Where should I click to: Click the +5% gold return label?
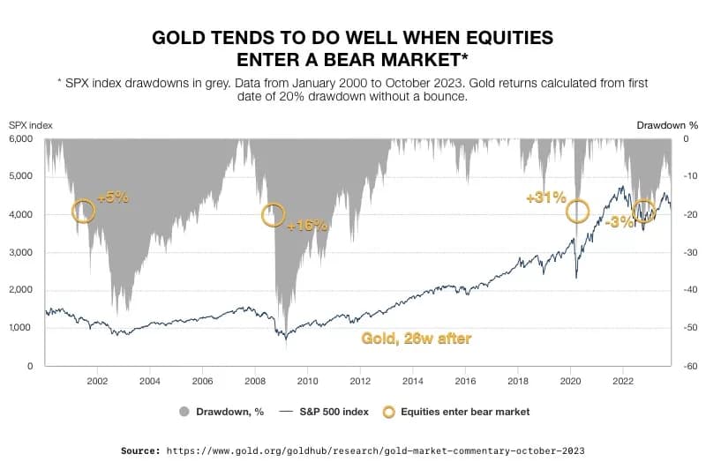[113, 198]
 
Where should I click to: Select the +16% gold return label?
[307, 226]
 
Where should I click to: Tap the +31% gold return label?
[545, 198]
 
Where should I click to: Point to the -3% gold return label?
[620, 222]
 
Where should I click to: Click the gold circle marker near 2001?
[83, 211]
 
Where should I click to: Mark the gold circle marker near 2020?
[577, 211]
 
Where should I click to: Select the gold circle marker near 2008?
[274, 214]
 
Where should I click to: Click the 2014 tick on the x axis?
[412, 382]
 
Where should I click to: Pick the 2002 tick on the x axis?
[97, 382]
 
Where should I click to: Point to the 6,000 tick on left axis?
[20, 139]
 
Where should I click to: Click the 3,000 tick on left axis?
[20, 253]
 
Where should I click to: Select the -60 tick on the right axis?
[682, 366]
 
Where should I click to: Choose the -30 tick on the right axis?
[682, 253]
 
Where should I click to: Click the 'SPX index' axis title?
[31, 125]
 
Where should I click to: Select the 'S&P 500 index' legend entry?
[325, 412]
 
